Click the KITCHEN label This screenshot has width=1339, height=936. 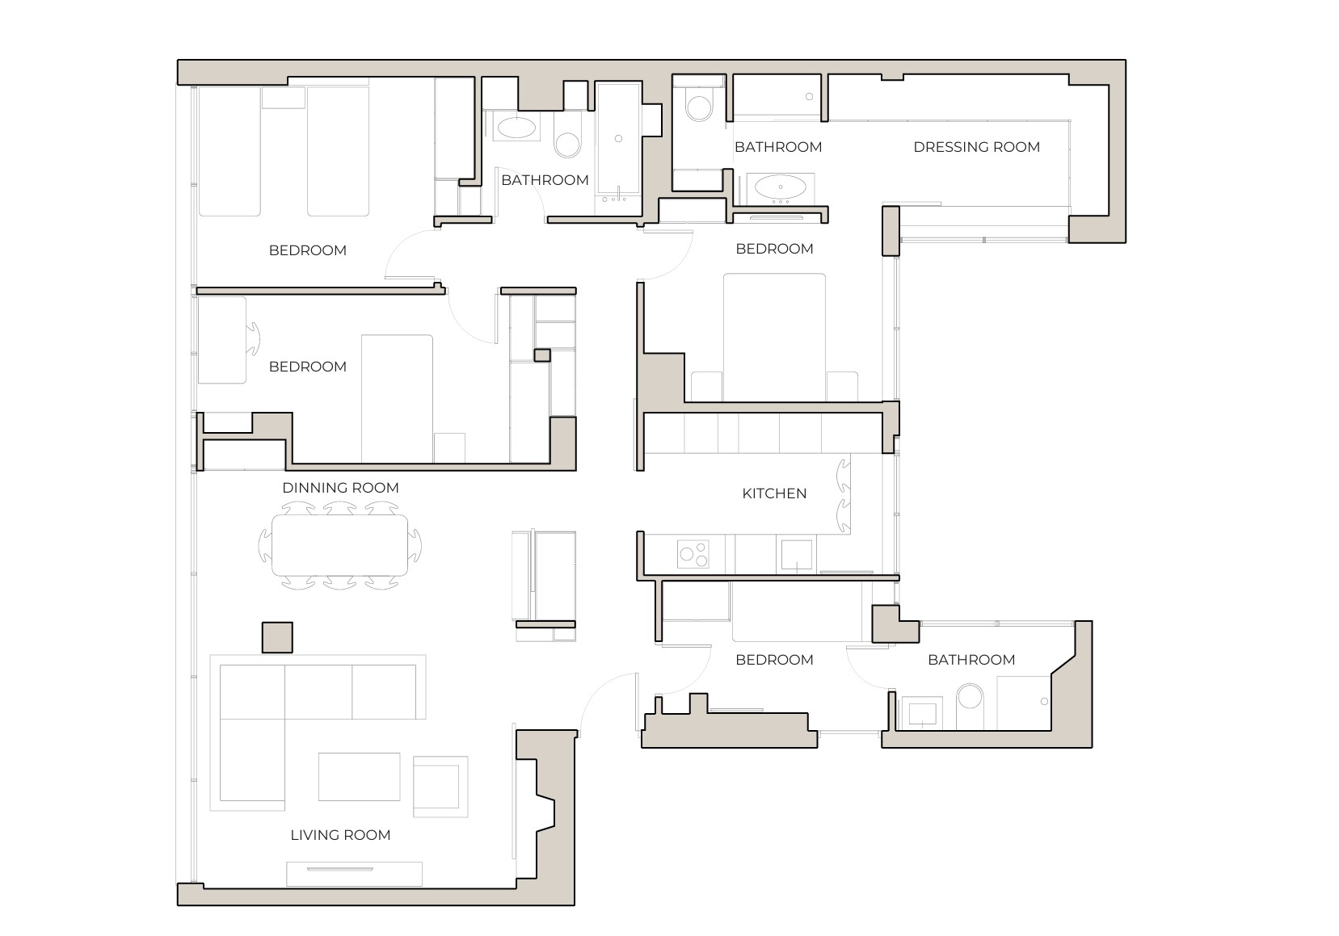[x=774, y=493]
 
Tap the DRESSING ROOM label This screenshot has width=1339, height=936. [x=976, y=147]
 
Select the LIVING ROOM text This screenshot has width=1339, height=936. [x=340, y=835]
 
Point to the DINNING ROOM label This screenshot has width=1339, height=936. [x=340, y=488]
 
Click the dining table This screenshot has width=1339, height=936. [x=339, y=545]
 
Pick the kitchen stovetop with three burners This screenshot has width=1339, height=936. [x=693, y=554]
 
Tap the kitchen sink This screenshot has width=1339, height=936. [x=796, y=554]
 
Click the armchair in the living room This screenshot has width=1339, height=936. [x=440, y=785]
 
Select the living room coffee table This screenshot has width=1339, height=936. [x=359, y=776]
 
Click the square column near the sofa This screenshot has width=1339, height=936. [x=276, y=637]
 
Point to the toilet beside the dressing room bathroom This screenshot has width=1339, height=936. [x=697, y=106]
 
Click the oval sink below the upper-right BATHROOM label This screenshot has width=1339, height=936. [x=780, y=188]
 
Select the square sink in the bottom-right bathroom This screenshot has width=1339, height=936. [x=922, y=713]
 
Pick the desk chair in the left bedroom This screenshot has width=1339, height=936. [x=253, y=338]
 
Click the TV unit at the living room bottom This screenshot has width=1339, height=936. [x=354, y=874]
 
